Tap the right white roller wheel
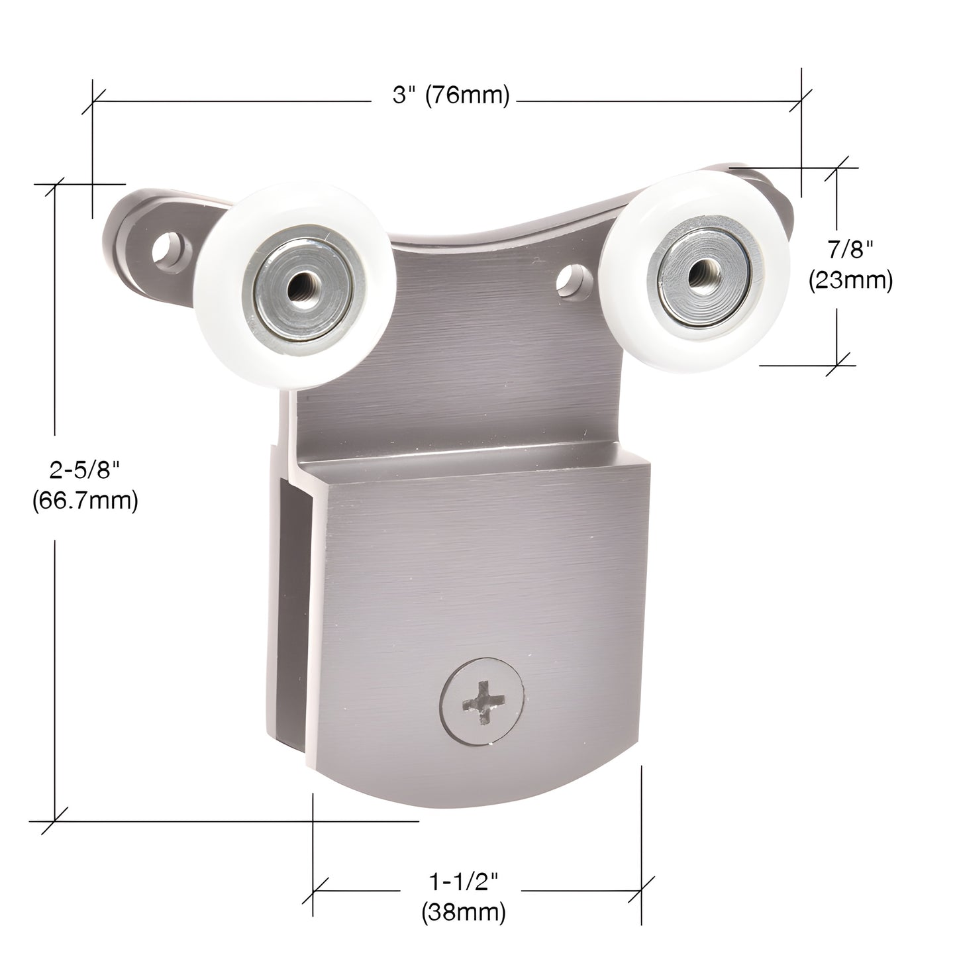pyautogui.click(x=695, y=271)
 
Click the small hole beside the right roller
pyautogui.click(x=570, y=279)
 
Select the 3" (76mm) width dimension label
pyautogui.click(x=451, y=97)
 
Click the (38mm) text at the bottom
pyautogui.click(x=464, y=913)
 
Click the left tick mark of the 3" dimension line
pyautogui.click(x=92, y=101)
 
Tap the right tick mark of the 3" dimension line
pyautogui.click(x=802, y=101)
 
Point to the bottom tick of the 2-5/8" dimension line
pyautogui.click(x=54, y=821)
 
